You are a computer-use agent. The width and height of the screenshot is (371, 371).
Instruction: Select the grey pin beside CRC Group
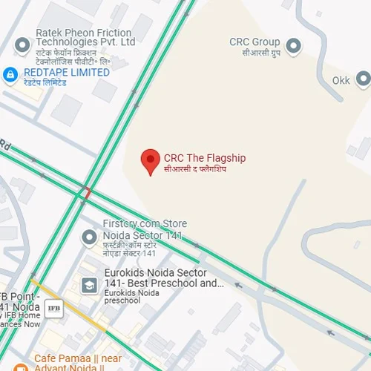[x=293, y=45]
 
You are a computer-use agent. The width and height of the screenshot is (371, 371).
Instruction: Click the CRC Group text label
[x=255, y=42]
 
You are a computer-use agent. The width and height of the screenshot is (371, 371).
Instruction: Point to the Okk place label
[x=341, y=79]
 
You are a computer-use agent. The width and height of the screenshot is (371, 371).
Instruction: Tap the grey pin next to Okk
[x=363, y=79]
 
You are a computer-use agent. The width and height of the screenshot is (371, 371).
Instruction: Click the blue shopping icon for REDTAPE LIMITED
[x=10, y=74]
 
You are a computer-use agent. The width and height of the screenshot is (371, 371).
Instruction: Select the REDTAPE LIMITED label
[x=67, y=73]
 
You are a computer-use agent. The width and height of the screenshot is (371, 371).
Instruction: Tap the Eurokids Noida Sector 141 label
[x=164, y=278]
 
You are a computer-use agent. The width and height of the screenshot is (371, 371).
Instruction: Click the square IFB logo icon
[x=53, y=307]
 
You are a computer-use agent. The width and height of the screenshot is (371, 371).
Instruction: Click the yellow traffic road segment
[x=67, y=304]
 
